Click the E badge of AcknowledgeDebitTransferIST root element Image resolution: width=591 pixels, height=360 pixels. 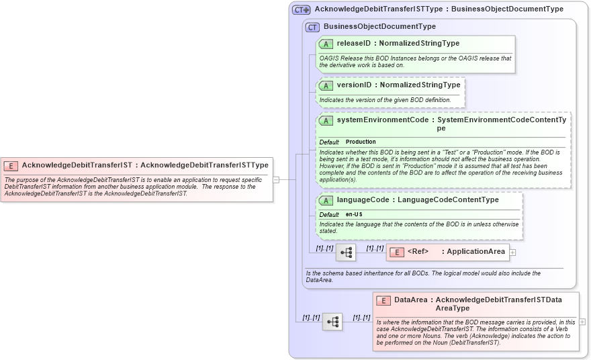11,165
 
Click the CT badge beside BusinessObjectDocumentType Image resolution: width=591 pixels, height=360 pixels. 312,27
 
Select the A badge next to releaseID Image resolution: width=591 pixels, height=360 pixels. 326,44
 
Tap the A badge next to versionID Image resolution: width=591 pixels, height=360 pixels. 326,85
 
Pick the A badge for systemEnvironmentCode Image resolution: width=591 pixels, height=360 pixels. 326,120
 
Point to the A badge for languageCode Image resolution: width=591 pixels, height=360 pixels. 326,200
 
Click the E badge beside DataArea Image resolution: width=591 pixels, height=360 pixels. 383,300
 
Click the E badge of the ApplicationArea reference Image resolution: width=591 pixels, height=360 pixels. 397,252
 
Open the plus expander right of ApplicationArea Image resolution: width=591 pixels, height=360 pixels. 513,252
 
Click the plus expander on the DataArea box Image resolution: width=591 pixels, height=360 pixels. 582,322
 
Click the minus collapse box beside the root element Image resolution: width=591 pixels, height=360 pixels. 275,179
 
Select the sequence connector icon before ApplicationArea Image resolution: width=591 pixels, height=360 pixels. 346,253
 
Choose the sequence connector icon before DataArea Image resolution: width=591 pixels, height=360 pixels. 332,322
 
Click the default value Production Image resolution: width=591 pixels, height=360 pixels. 361,142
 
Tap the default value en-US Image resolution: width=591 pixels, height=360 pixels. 354,214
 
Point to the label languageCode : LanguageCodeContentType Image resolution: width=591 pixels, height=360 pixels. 417,200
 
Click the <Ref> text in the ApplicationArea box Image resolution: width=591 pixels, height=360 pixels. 418,252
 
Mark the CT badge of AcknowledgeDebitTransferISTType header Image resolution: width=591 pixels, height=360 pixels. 301,10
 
